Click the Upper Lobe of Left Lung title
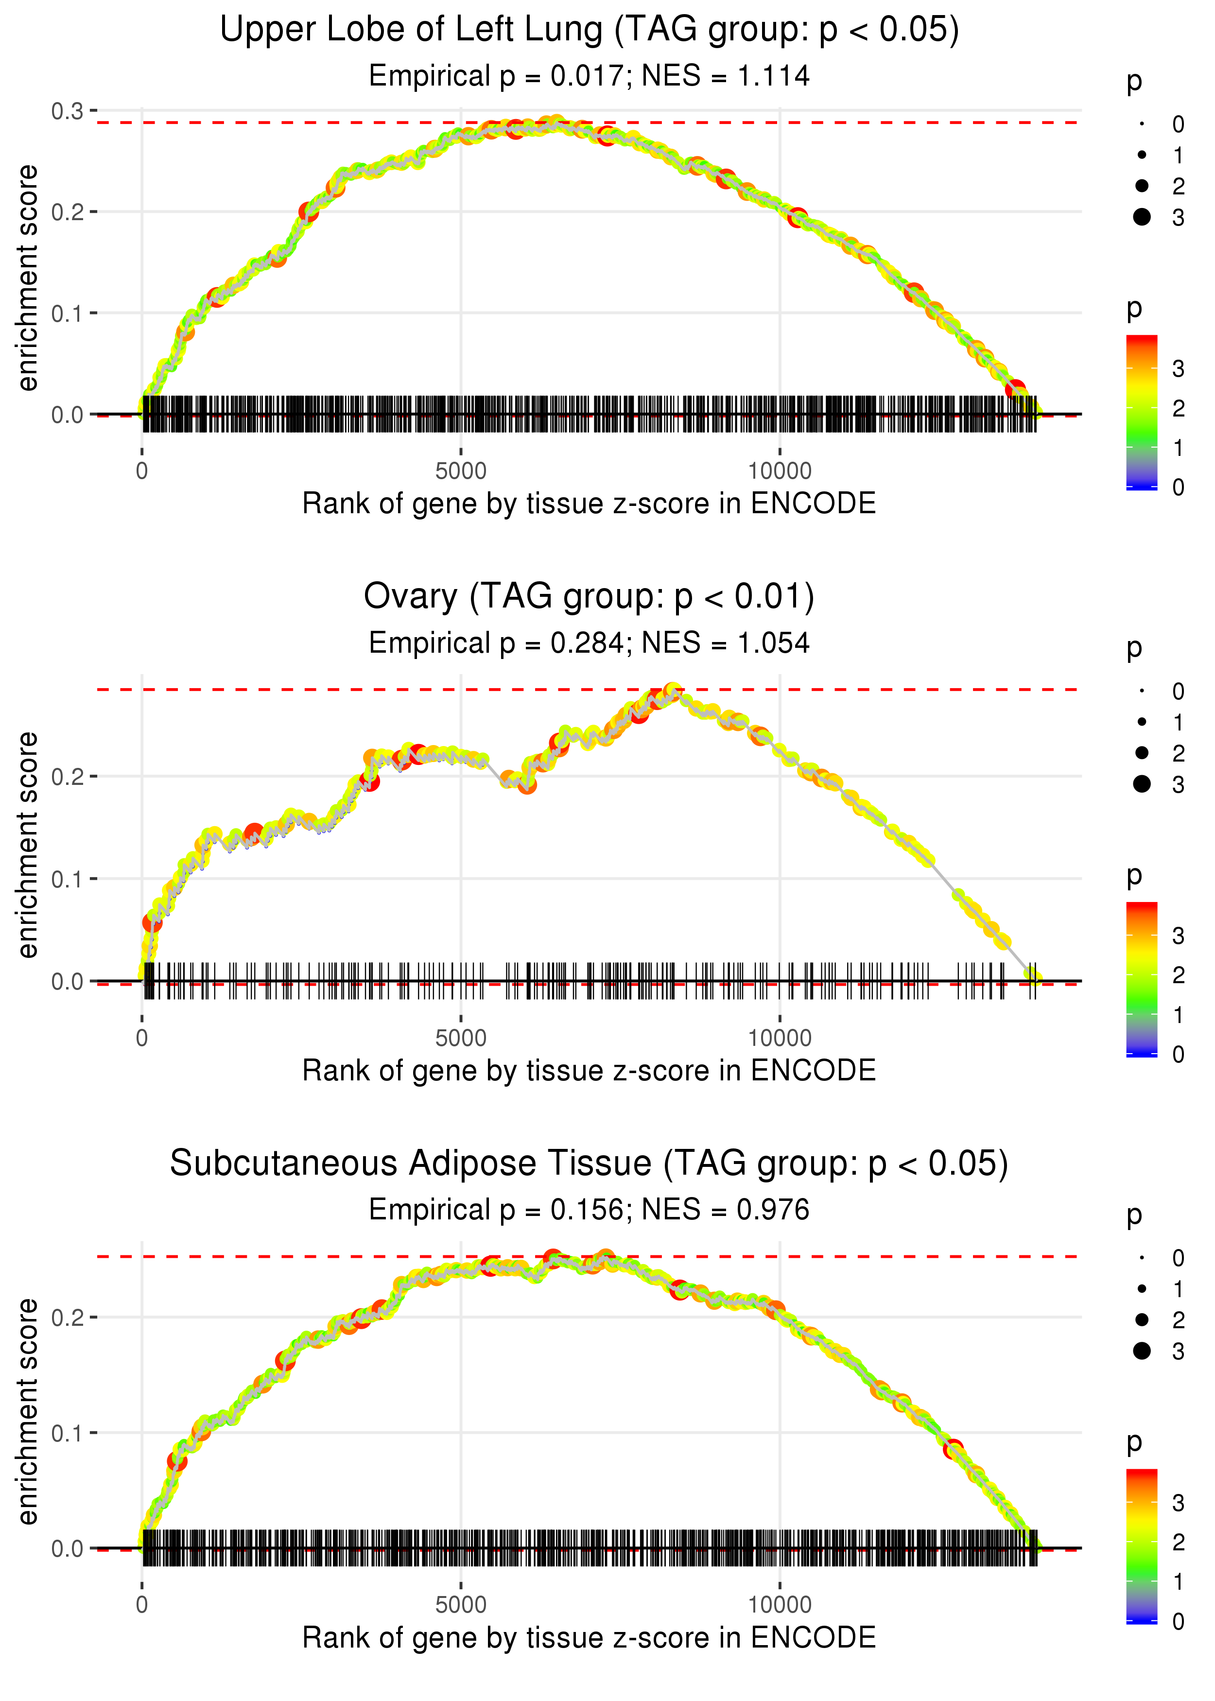point(589,30)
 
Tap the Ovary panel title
point(589,597)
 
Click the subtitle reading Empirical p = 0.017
point(589,76)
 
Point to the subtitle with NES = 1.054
point(589,643)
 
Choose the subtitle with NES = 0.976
point(589,1210)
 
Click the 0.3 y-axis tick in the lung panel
point(68,111)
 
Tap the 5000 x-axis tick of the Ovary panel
point(461,1038)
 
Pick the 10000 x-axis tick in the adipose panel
point(780,1604)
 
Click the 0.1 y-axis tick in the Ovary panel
point(68,879)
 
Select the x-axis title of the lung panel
point(589,503)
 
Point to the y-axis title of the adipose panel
point(28,1411)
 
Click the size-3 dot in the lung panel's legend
point(1142,217)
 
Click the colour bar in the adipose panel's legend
point(1142,1545)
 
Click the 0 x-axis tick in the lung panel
point(142,471)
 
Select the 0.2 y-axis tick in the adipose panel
point(68,1317)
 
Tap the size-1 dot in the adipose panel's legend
point(1142,1289)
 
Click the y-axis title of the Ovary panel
point(28,845)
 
